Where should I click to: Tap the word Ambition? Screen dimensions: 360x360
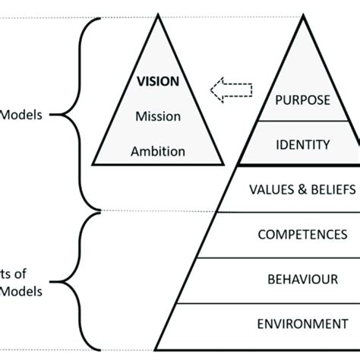pos(158,150)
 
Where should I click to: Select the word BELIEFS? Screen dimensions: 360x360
pos(324,187)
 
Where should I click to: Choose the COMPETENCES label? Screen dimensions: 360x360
pos(297,235)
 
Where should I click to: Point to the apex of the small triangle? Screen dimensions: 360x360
pos(158,16)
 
